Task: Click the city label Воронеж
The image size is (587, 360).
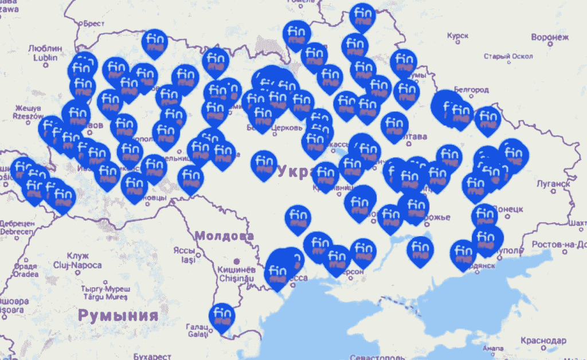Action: click(550, 37)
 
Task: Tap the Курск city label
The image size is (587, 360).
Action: click(457, 36)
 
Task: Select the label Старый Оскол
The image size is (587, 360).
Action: click(508, 56)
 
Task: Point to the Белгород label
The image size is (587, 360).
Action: click(471, 90)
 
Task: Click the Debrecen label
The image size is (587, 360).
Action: click(16, 231)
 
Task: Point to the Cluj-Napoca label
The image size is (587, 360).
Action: click(84, 265)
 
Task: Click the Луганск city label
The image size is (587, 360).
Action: click(552, 184)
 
